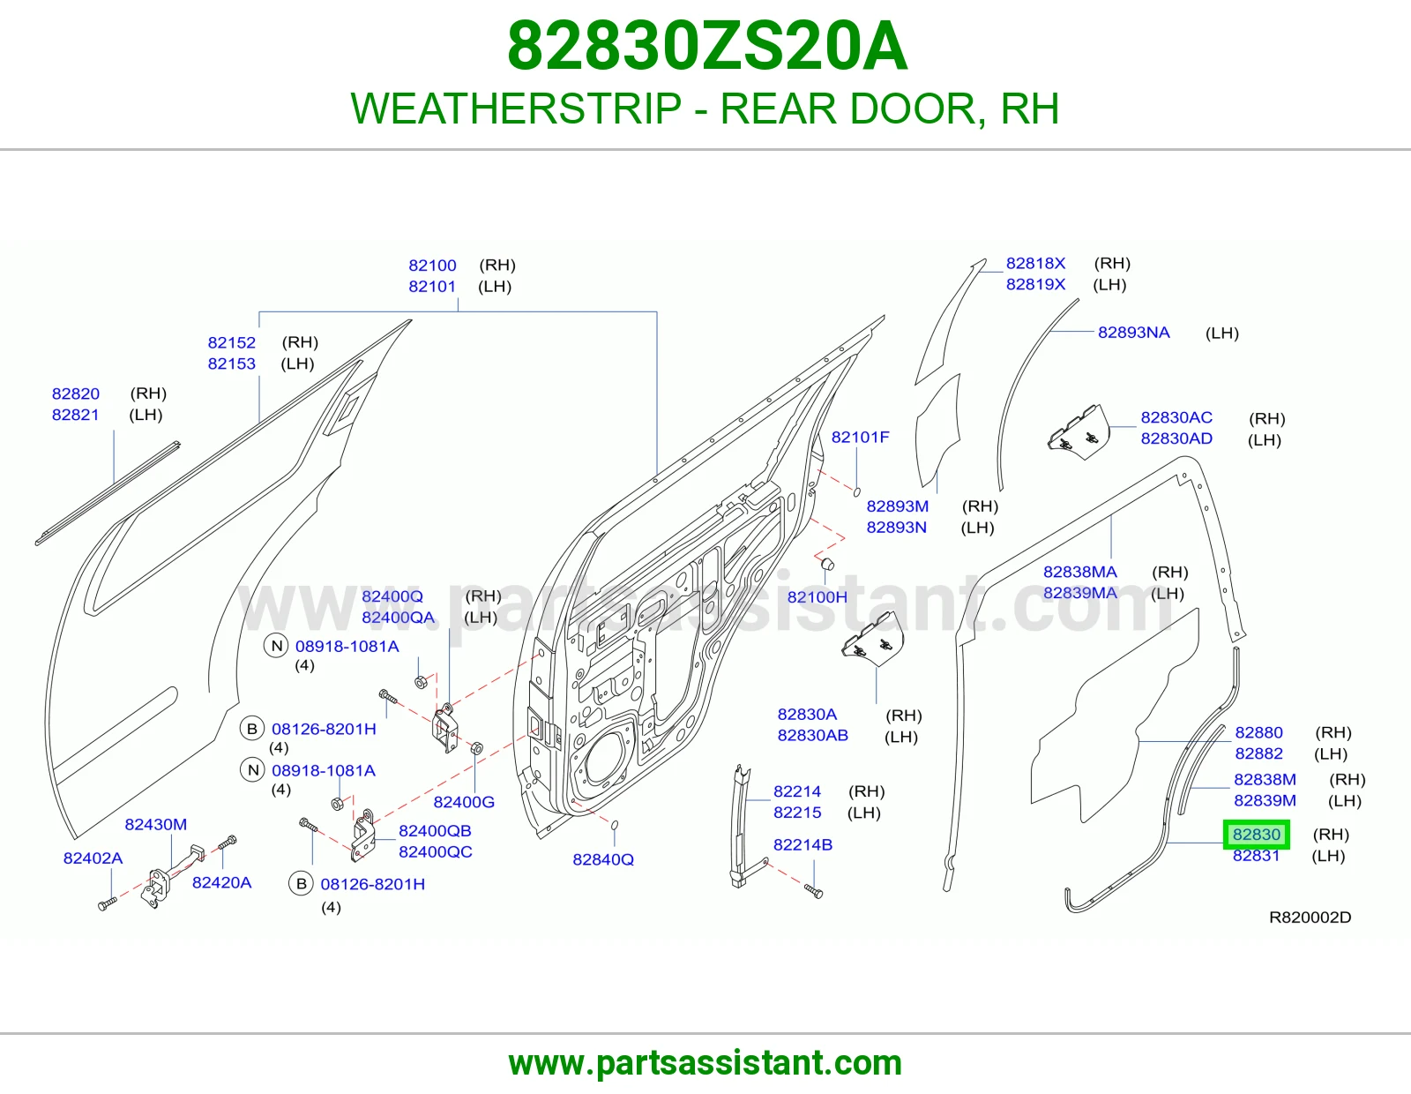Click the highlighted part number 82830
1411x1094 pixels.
click(1257, 834)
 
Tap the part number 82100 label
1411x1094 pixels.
click(432, 265)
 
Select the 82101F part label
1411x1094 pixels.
click(861, 438)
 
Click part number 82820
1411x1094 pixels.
click(76, 393)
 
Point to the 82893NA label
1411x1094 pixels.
click(1134, 333)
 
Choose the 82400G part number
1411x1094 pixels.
click(464, 802)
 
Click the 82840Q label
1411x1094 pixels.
click(603, 859)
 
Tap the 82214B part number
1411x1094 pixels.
click(803, 844)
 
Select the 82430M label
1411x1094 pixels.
click(156, 824)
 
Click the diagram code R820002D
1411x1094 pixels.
click(1310, 918)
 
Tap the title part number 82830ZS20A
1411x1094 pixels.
click(706, 46)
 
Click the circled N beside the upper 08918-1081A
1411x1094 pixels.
click(277, 646)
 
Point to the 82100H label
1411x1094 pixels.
click(817, 597)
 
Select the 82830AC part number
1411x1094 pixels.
click(1176, 417)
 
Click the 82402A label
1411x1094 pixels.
click(93, 858)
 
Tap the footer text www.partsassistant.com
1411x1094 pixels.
click(705, 1063)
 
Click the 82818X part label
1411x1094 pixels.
click(1035, 263)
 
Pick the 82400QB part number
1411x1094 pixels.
click(435, 831)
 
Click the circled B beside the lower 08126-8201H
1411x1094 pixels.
click(302, 884)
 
